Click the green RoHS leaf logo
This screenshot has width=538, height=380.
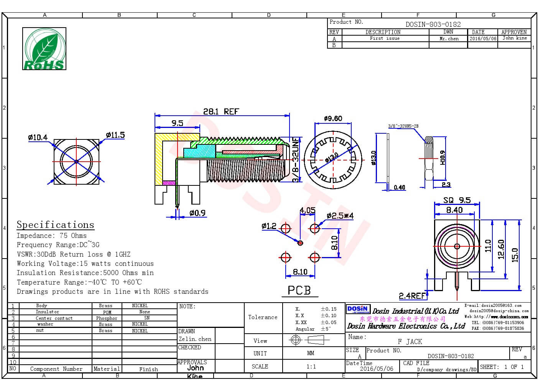[44, 49]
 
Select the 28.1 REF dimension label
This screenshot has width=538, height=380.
[221, 111]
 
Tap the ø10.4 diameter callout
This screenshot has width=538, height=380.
[38, 137]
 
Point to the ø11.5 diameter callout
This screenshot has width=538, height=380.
[115, 135]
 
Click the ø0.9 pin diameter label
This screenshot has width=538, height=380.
[197, 213]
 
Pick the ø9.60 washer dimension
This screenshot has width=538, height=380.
[333, 118]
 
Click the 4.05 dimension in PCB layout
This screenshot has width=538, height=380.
[307, 210]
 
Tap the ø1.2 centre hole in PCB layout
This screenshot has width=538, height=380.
[300, 243]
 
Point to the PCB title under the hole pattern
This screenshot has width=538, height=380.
[299, 290]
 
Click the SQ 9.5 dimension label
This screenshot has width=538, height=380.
[457, 200]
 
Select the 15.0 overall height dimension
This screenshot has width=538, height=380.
[515, 255]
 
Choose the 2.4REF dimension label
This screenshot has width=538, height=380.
[412, 296]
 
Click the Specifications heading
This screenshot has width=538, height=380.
[55, 225]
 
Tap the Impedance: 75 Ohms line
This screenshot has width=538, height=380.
[51, 236]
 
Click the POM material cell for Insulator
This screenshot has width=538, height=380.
[107, 312]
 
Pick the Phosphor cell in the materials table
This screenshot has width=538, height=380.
[107, 318]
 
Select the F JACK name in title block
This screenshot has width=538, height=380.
[410, 341]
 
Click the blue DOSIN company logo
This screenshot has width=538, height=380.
[358, 310]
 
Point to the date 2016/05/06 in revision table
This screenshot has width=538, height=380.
[482, 39]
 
